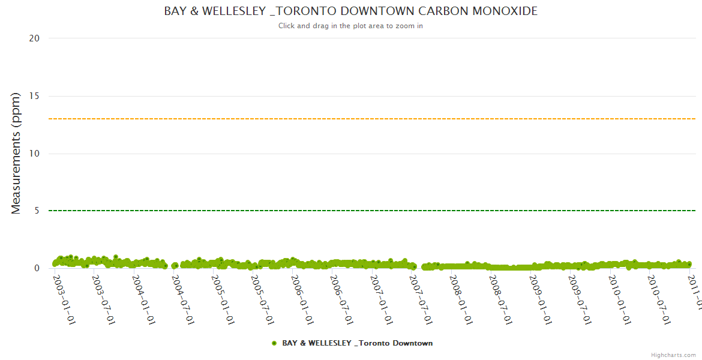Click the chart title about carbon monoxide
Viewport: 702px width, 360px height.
(x=350, y=11)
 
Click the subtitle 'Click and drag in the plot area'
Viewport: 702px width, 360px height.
(x=350, y=26)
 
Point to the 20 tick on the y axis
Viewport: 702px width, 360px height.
(x=34, y=38)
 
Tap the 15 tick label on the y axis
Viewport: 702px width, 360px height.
(x=34, y=96)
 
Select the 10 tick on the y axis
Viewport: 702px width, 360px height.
(x=34, y=154)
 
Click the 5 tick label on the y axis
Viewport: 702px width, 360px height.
(x=37, y=211)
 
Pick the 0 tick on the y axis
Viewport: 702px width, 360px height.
(x=37, y=268)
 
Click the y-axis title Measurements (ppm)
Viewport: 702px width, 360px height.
(x=16, y=153)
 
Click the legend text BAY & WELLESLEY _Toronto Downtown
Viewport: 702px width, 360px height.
(x=357, y=343)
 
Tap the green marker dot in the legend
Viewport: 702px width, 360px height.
(x=274, y=343)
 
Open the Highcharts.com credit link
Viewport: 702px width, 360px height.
(x=673, y=355)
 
